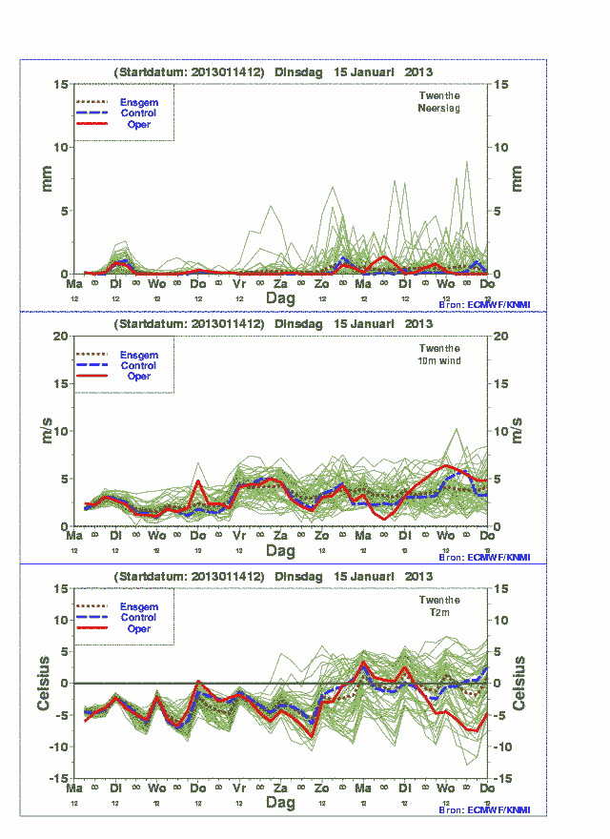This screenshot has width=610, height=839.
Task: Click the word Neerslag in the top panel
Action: (x=439, y=109)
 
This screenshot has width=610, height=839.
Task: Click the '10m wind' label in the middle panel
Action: (x=439, y=360)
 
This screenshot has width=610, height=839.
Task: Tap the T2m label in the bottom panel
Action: (x=439, y=612)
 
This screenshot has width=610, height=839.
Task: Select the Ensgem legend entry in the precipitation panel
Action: (x=139, y=102)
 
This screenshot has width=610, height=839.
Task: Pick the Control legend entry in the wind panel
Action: (x=138, y=365)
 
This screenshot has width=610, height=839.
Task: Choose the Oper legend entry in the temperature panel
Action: (x=138, y=629)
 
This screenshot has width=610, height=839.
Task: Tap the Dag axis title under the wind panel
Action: (x=280, y=551)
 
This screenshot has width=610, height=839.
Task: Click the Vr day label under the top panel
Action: (x=239, y=284)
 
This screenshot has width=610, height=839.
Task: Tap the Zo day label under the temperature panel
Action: (x=322, y=788)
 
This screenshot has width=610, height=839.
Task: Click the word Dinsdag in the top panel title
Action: (x=299, y=72)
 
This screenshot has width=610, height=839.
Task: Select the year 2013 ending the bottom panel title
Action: (x=418, y=577)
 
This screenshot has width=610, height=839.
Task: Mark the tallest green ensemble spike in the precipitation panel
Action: (x=466, y=162)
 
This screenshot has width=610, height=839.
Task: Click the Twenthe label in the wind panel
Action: (x=439, y=348)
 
